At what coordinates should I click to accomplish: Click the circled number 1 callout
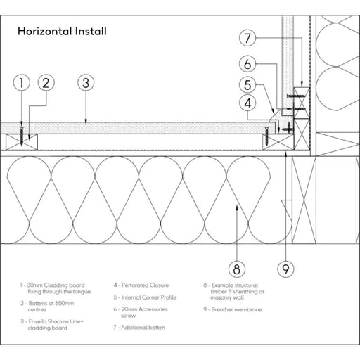point(22,83)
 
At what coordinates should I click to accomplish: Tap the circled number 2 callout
point(46,83)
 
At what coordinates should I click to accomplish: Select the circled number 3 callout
point(86,83)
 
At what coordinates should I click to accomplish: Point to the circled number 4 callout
point(247,103)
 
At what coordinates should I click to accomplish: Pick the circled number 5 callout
point(247,84)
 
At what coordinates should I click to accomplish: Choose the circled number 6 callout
point(247,64)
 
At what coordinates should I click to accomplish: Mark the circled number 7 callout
point(247,38)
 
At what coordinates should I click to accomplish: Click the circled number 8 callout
point(237,269)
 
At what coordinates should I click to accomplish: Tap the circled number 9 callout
point(285,269)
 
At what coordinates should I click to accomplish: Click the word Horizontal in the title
point(45,31)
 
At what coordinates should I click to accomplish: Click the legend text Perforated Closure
point(146,285)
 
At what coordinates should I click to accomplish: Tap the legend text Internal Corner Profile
point(149,297)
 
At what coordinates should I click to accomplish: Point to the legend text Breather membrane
point(237,309)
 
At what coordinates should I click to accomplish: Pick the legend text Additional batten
point(143,328)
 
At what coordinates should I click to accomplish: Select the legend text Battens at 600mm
point(51,303)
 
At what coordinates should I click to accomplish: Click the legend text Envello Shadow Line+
point(56,321)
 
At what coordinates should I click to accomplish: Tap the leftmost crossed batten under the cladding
point(22,142)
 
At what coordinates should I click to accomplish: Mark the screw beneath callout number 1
point(22,136)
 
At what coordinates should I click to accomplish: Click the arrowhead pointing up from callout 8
point(237,207)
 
